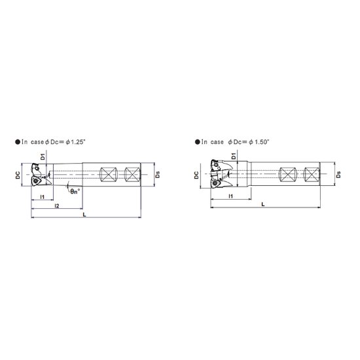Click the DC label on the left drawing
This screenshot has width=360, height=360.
click(18, 175)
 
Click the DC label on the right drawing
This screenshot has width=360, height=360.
click(196, 175)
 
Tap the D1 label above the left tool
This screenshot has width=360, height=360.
click(43, 157)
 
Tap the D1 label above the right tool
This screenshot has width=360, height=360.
click(234, 156)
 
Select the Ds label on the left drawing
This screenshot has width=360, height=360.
click(158, 175)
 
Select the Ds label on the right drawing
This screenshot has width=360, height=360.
click(338, 175)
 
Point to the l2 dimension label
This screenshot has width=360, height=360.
click(57, 206)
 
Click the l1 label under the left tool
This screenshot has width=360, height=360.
click(43, 197)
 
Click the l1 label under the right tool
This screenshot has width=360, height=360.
click(231, 196)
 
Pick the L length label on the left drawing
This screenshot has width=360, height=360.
click(84, 215)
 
